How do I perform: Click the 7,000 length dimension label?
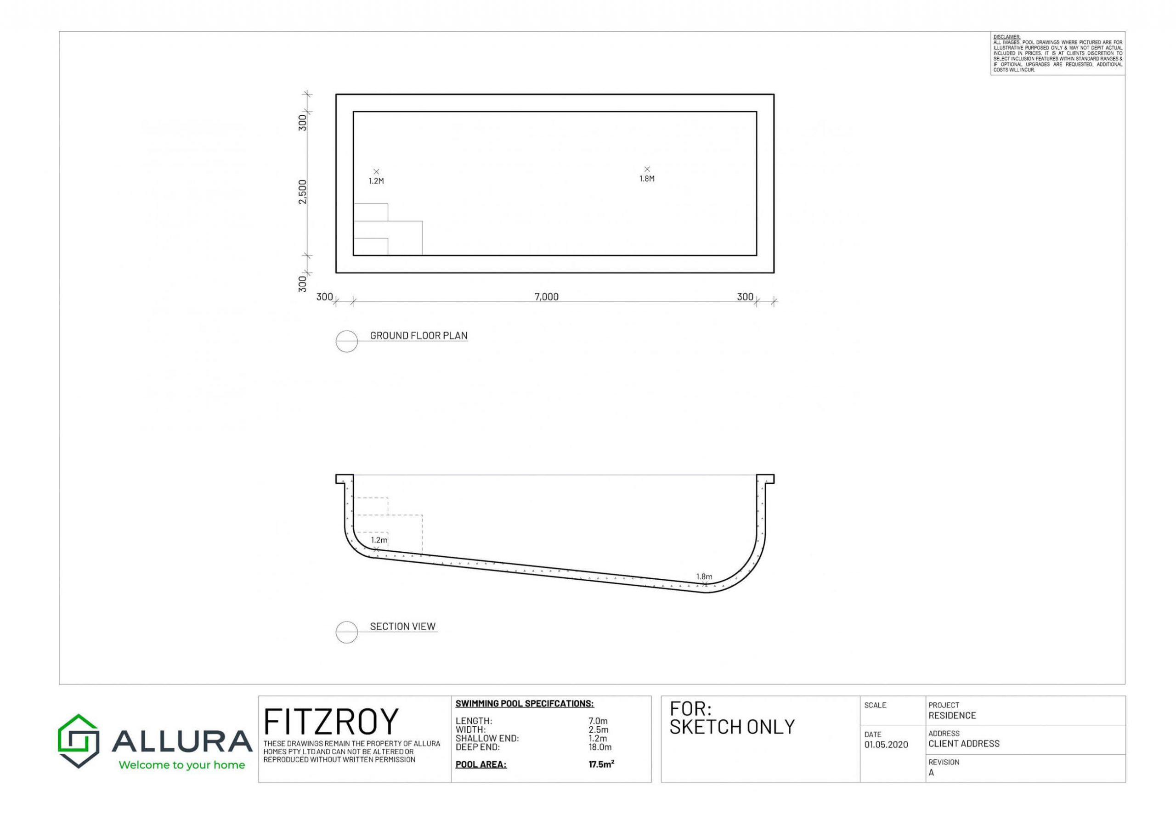(x=546, y=297)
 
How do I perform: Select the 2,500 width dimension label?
(x=303, y=192)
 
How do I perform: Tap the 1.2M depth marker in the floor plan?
(x=376, y=181)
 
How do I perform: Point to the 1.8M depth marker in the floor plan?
(x=647, y=179)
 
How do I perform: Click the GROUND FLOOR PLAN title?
(x=418, y=336)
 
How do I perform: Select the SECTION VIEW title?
(x=403, y=626)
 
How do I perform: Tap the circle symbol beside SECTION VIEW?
(x=347, y=632)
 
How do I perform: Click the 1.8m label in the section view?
(x=704, y=577)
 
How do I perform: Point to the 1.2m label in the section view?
(x=379, y=540)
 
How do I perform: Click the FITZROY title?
(x=330, y=722)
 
